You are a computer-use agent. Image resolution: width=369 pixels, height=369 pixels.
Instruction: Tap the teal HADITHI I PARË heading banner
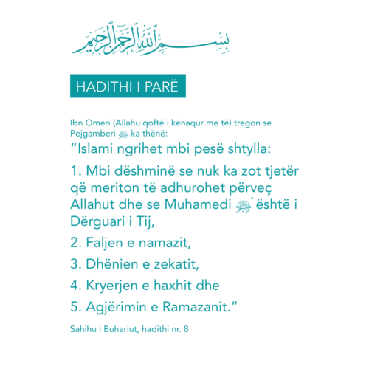click(x=128, y=86)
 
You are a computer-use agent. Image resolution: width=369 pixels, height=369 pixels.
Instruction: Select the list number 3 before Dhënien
click(x=75, y=263)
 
